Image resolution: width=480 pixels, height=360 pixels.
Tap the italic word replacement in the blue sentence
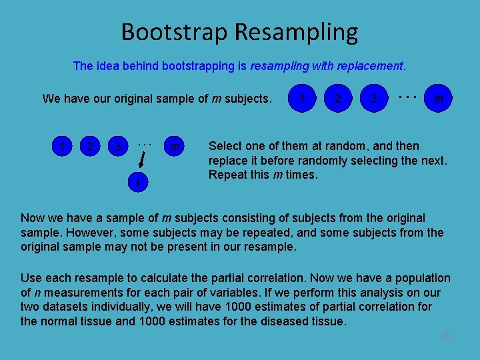[x=369, y=66]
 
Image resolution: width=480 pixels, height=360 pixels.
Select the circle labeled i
[x=137, y=182]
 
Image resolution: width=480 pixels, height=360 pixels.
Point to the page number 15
[x=446, y=335]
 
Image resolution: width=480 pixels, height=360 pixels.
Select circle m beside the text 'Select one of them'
[x=174, y=146]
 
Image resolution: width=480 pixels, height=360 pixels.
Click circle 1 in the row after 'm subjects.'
[x=303, y=99]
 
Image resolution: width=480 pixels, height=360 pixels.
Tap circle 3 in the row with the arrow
[x=117, y=146]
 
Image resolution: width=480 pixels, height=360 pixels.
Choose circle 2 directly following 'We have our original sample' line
[x=339, y=99]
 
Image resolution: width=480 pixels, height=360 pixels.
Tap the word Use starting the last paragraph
[x=31, y=277]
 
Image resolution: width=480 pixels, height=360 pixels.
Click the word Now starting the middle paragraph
[x=33, y=218]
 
